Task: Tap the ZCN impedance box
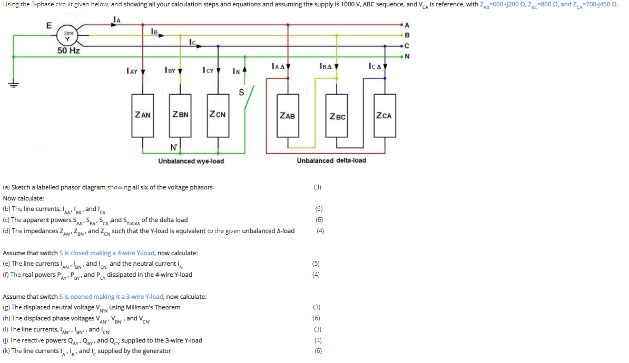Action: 217,115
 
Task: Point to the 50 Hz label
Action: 68,51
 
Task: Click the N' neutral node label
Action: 174,147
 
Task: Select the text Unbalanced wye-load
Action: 191,161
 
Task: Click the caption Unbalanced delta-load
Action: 331,160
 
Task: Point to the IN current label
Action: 237,70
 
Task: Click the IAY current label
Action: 132,70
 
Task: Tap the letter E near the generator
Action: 49,25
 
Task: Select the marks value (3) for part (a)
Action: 317,187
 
